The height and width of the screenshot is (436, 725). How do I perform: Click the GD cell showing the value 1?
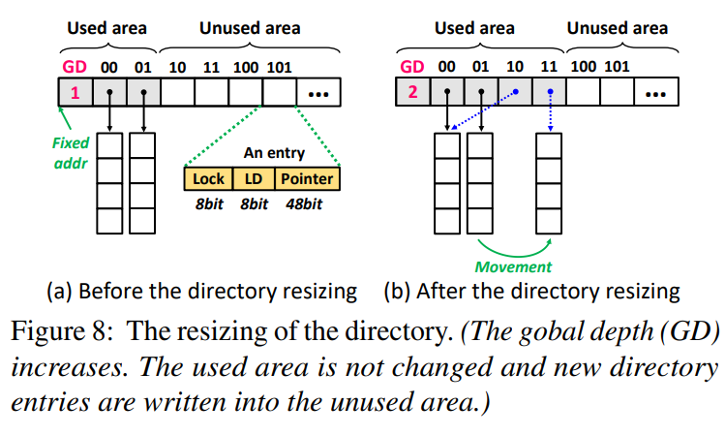(76, 93)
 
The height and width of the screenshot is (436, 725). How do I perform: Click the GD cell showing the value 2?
(413, 93)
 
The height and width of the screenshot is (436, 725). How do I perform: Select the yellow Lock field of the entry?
(208, 178)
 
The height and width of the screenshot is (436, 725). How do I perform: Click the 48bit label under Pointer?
(305, 203)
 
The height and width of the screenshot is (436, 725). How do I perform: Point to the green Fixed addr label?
(70, 151)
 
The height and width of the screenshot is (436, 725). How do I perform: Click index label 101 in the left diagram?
(281, 67)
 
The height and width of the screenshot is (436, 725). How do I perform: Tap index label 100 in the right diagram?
(585, 67)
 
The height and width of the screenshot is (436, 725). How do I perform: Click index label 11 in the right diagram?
(549, 67)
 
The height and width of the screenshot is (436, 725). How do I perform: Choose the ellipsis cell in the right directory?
(654, 93)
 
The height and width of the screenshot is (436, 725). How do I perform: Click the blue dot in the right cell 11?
(549, 93)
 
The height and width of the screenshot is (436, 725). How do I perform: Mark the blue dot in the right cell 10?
(515, 93)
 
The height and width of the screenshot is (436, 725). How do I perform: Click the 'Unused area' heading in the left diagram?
(250, 28)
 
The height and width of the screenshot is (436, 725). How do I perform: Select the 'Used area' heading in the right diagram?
(473, 28)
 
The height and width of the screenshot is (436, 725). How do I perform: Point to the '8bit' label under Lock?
(208, 203)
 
